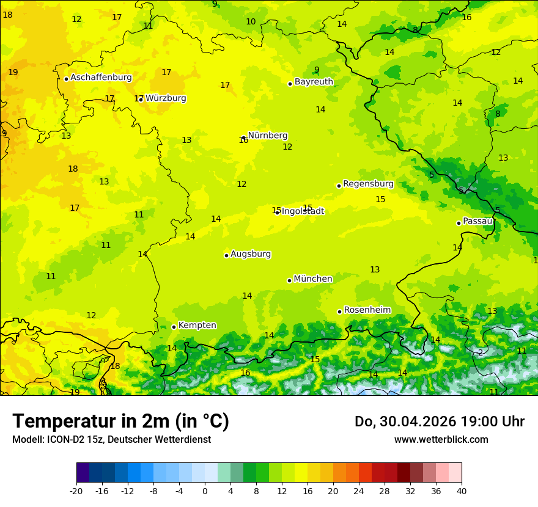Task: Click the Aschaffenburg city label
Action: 101,78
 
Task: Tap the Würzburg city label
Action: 166,98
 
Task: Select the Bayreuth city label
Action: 314,82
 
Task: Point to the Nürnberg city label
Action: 267,136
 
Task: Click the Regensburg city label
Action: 368,184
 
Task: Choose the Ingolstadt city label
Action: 303,211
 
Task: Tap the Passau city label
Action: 477,221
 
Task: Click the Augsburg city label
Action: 251,254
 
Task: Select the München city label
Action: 313,279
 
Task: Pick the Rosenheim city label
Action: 367,310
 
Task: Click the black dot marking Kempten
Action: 174,327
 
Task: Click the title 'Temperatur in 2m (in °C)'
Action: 120,421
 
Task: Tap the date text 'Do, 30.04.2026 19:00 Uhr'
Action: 440,421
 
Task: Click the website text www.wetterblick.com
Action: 441,440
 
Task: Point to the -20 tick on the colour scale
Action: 76,491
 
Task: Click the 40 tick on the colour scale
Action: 462,491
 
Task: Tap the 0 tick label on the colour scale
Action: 205,491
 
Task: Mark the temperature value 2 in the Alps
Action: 481,352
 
